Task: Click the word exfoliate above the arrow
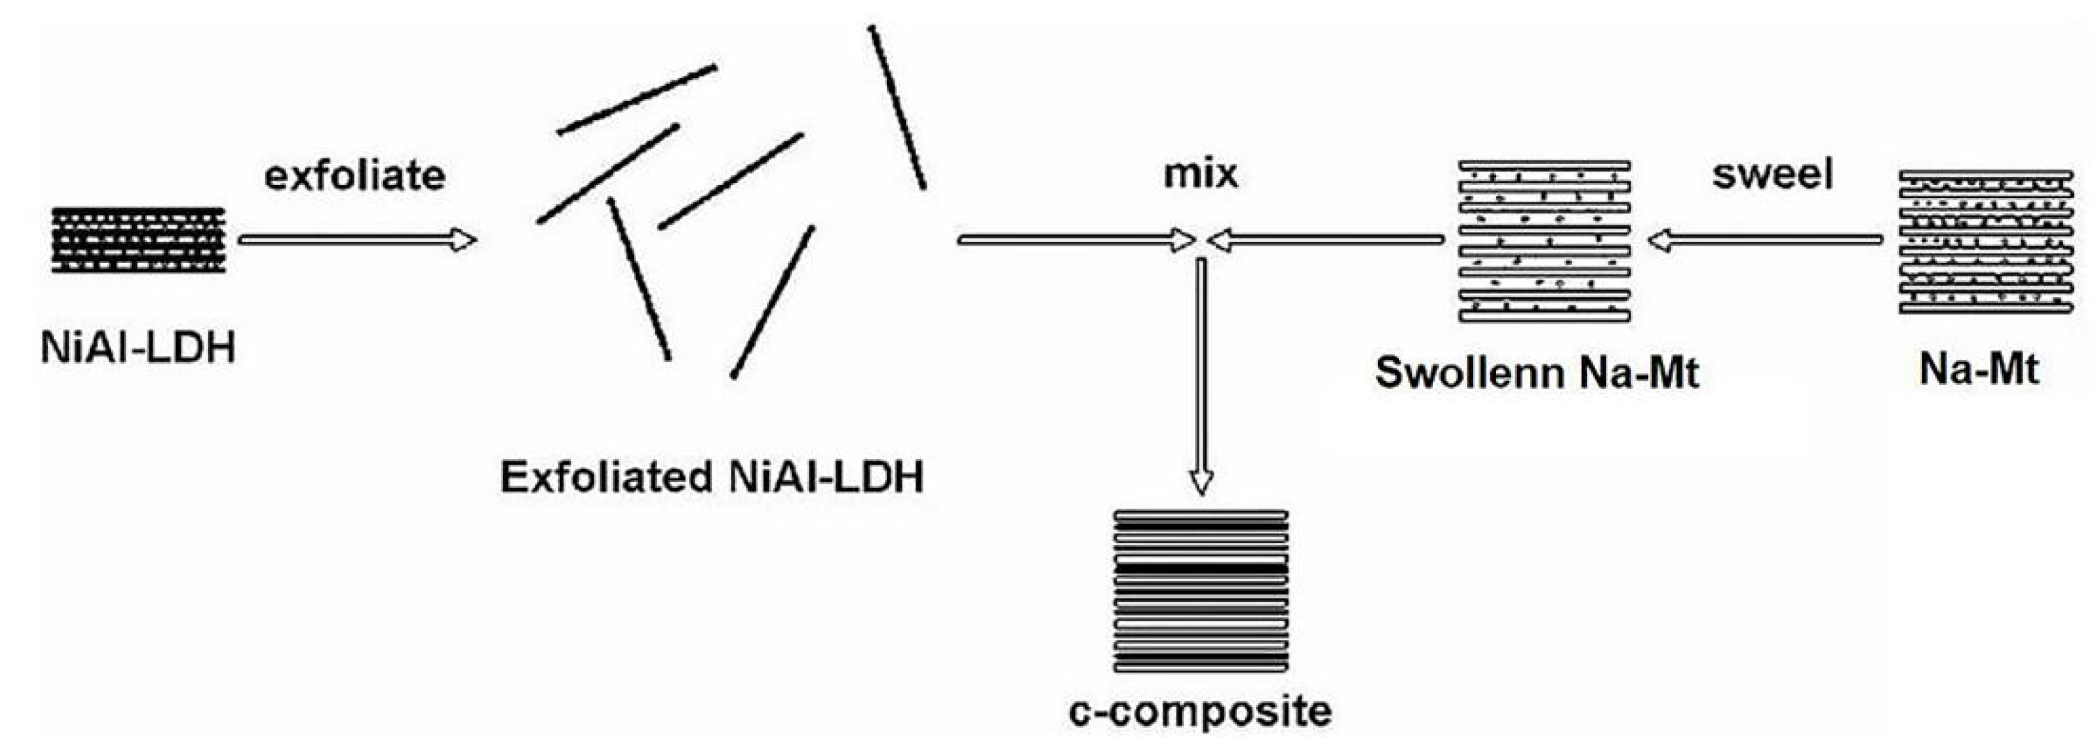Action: pos(355,175)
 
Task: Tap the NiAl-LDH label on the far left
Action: pos(137,347)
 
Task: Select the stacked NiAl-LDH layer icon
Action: pos(138,239)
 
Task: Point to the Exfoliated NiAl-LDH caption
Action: pos(712,477)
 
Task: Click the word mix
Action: pos(1201,174)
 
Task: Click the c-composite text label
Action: pos(1201,711)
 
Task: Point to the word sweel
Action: pos(1772,174)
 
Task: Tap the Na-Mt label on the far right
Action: pos(1979,369)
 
